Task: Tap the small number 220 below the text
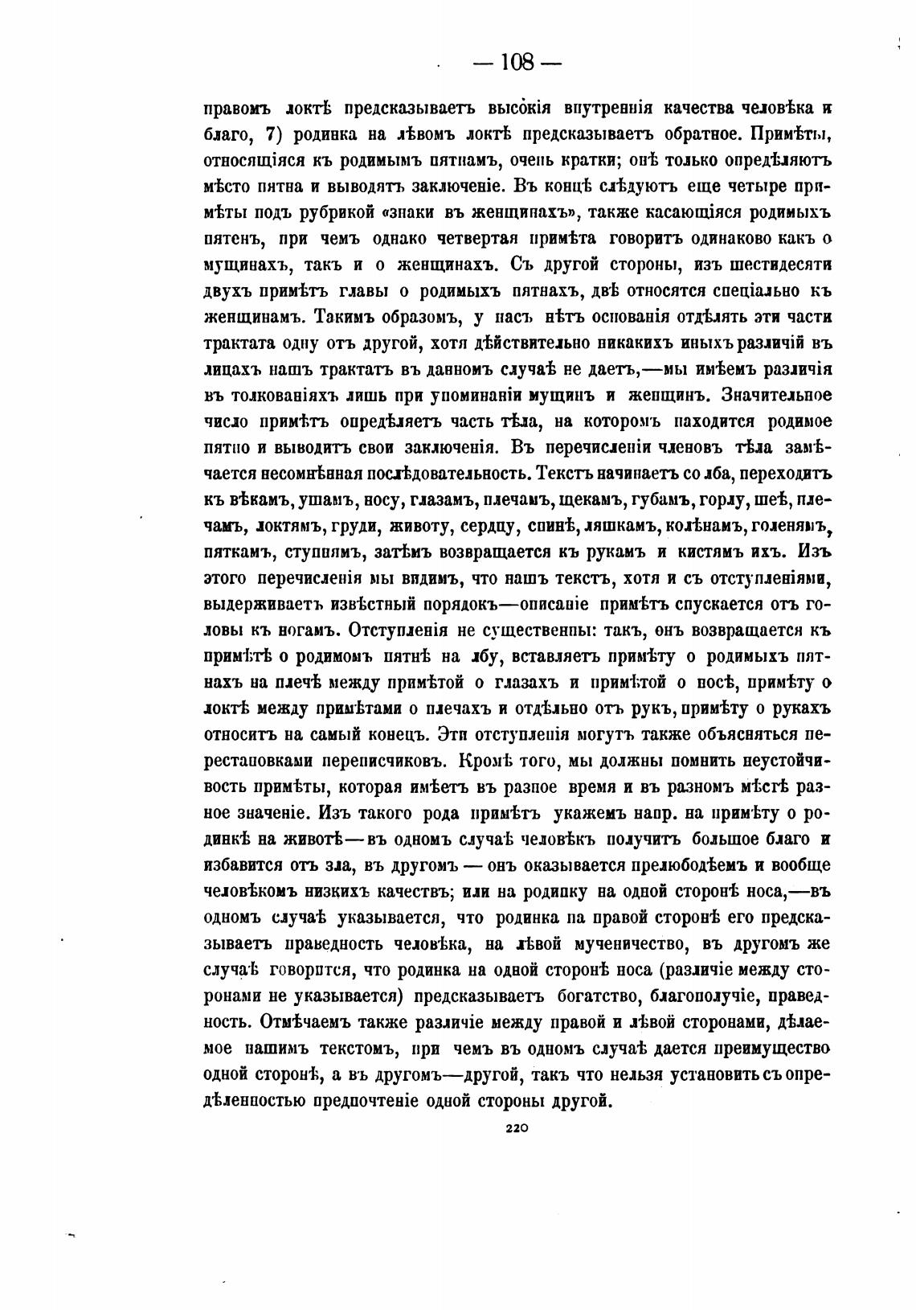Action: pos(515,1128)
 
